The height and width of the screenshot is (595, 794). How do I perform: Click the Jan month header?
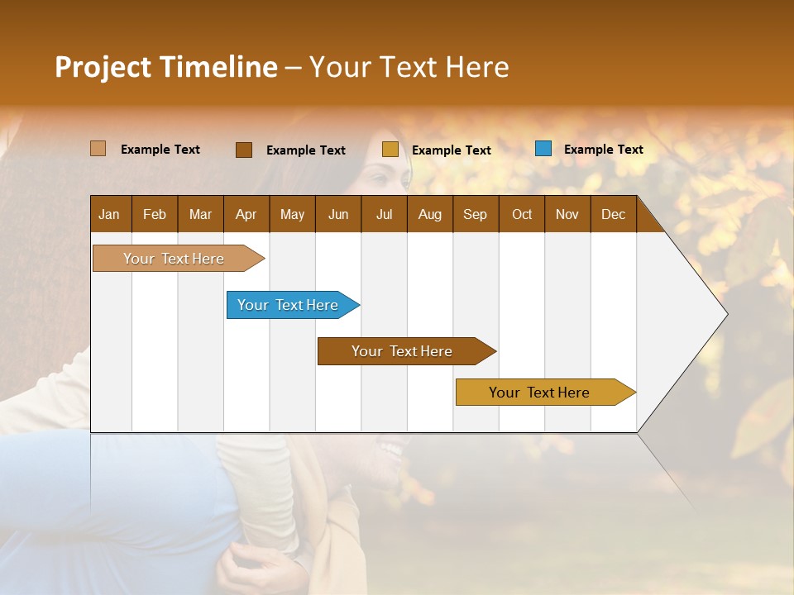pos(109,215)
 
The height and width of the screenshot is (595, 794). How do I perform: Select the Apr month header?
pos(246,215)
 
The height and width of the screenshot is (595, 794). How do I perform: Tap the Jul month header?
pos(384,215)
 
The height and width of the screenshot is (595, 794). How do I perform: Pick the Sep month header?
pos(475,215)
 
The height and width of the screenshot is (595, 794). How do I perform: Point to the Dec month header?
pos(613,215)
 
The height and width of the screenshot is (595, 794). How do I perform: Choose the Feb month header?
pos(155,215)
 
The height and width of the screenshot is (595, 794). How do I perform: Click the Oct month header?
pos(522,215)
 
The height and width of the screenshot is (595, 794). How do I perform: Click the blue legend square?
pos(543,149)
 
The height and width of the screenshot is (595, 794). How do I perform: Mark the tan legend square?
pos(98,149)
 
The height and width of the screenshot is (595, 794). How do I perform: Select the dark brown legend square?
pos(244,150)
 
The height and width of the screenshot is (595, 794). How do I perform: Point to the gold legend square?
pos(390,150)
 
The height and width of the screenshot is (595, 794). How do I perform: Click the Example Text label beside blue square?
pos(603,150)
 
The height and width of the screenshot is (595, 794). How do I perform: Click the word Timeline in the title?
pos(218,67)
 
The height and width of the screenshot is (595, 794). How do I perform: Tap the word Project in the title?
pos(102,67)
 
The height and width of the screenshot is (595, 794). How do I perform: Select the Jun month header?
pos(338,215)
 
